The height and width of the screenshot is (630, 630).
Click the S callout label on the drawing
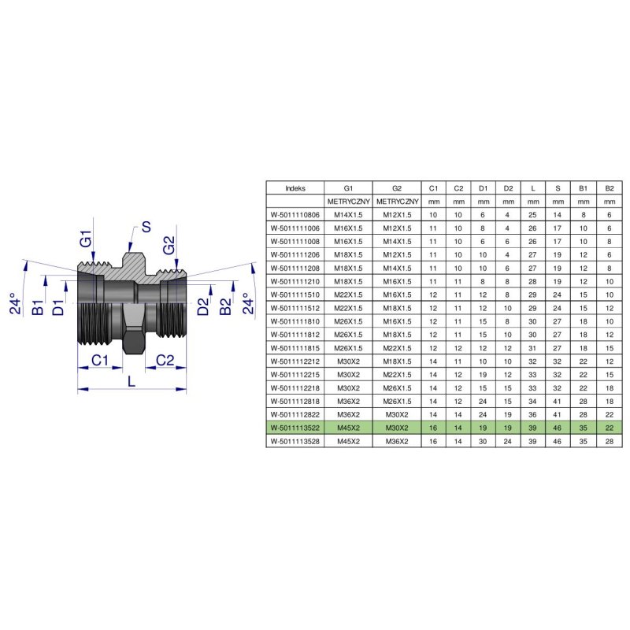coord(146,227)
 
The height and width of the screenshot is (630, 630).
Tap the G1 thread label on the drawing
coord(86,239)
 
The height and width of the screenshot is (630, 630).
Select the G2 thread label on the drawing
coord(169,245)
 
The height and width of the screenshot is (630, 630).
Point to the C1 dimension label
coord(99,360)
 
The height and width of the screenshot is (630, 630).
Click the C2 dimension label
coord(165,360)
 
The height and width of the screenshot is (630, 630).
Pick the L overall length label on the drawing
coord(132,381)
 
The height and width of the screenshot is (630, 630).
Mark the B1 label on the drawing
coord(37,307)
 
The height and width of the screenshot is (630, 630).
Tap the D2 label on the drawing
coord(203,306)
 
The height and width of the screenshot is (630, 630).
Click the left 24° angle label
coord(15,303)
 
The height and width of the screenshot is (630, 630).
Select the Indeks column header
coord(295,188)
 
